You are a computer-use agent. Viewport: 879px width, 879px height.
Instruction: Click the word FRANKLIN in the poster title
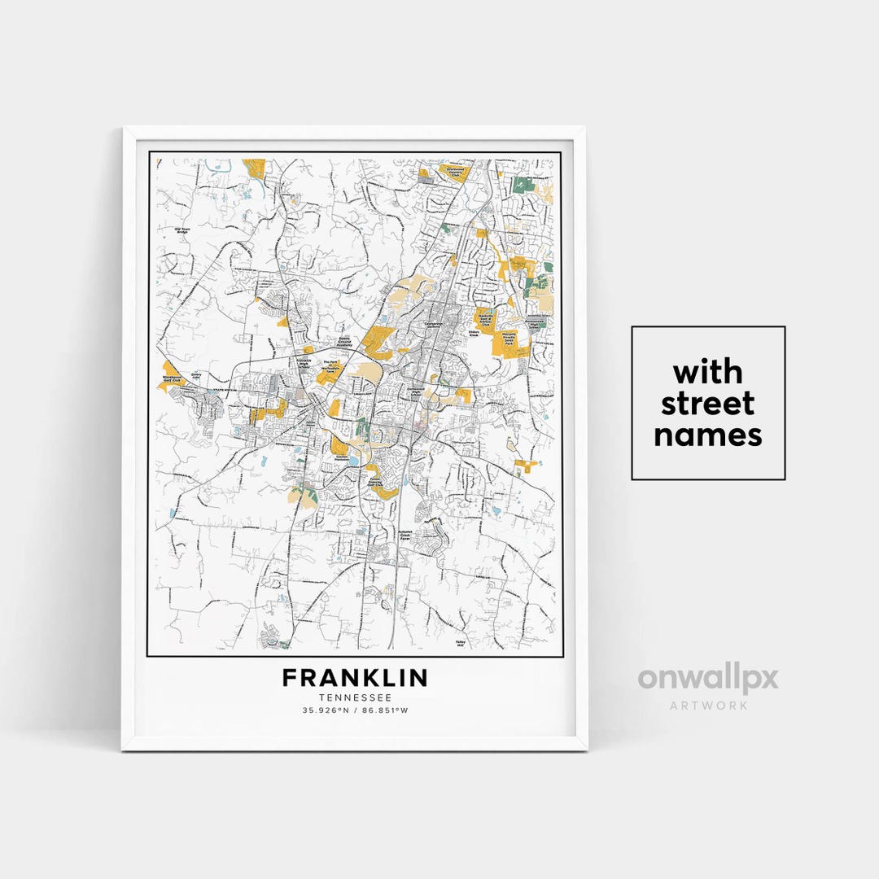pos(355,678)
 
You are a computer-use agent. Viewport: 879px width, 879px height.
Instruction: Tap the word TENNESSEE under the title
pos(355,698)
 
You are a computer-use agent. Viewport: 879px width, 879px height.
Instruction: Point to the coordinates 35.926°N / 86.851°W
pos(355,711)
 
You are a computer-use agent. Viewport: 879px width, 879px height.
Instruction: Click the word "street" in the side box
pos(707,403)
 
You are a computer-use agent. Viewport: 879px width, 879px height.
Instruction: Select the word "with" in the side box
pos(707,372)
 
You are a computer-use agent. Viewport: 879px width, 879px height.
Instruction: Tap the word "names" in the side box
pos(707,435)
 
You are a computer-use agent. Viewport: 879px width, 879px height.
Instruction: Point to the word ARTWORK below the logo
pos(707,705)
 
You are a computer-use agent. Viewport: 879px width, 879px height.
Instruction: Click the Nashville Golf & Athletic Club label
pos(486,319)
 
